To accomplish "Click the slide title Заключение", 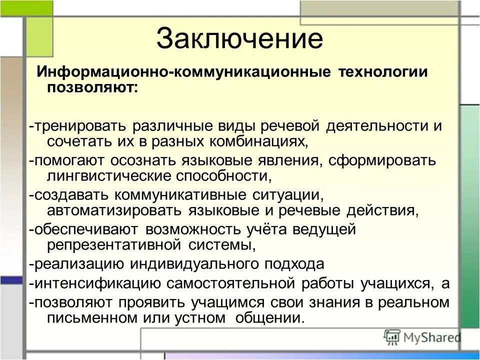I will click(x=239, y=39).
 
